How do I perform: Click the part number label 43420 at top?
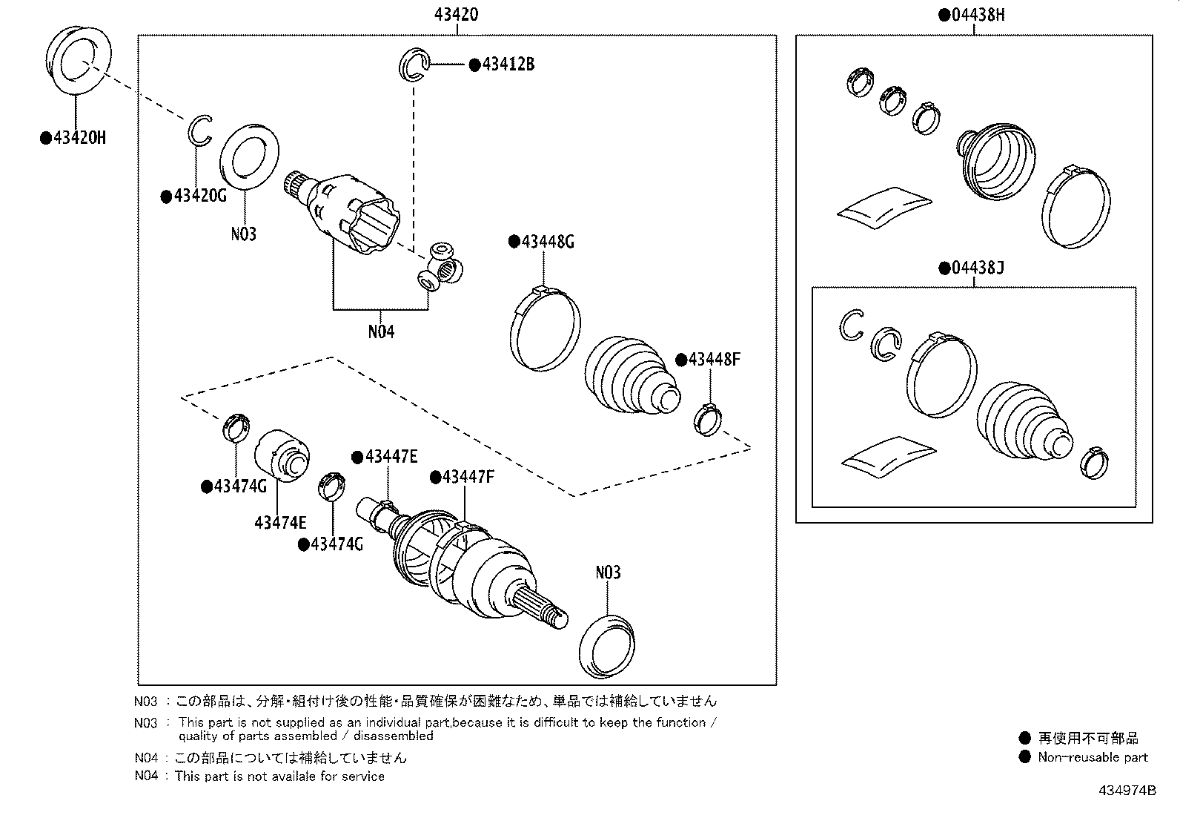point(456,14)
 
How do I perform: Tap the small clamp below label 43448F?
point(707,419)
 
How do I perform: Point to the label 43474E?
point(280,522)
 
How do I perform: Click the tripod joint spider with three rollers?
point(440,267)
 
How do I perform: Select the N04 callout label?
point(381,331)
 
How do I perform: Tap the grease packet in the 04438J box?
point(888,457)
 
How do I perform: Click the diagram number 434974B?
point(1127,791)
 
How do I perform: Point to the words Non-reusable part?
point(1093,757)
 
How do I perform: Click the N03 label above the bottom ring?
point(608,573)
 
